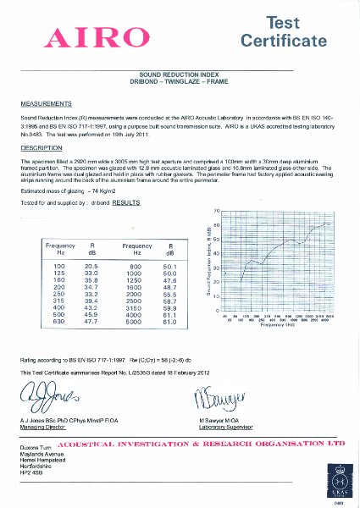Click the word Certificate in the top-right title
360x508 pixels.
point(283,41)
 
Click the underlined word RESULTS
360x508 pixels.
point(126,204)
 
